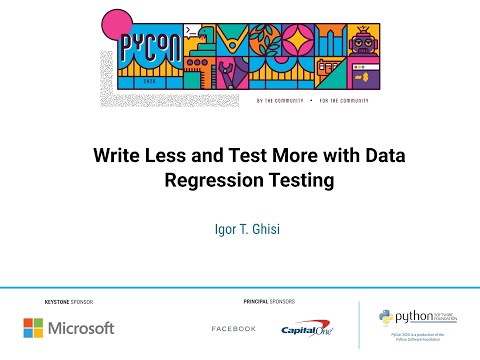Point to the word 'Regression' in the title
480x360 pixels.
point(205,181)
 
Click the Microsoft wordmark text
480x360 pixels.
point(82,327)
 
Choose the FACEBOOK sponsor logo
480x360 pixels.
point(233,329)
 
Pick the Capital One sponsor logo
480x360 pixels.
point(307,328)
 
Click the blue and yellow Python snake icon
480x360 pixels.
point(385,318)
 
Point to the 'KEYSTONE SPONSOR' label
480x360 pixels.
point(68,300)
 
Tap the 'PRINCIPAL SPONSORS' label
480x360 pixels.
point(269,300)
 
